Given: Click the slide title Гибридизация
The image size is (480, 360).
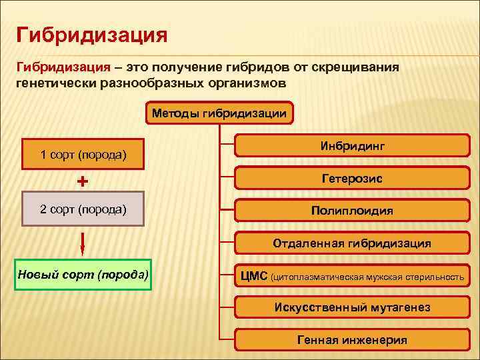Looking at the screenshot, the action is pyautogui.click(x=92, y=33).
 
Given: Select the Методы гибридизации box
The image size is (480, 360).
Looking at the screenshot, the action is pyautogui.click(x=219, y=113).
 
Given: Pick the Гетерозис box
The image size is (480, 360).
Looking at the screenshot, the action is pyautogui.click(x=352, y=179).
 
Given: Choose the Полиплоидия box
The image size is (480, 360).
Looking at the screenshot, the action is pyautogui.click(x=352, y=211).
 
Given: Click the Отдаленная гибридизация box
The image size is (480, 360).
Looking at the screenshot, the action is pyautogui.click(x=352, y=243).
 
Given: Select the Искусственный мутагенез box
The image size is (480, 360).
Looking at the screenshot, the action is pyautogui.click(x=352, y=307).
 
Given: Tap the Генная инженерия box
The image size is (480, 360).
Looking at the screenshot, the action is pyautogui.click(x=352, y=339).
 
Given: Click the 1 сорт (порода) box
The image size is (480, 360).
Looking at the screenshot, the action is pyautogui.click(x=84, y=155).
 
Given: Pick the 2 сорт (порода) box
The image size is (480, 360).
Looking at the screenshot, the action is pyautogui.click(x=83, y=209).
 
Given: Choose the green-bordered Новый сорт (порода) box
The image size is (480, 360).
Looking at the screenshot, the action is pyautogui.click(x=83, y=275).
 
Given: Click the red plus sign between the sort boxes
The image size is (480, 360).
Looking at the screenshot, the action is pyautogui.click(x=83, y=181).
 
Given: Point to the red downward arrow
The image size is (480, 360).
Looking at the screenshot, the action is pyautogui.click(x=83, y=243).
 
